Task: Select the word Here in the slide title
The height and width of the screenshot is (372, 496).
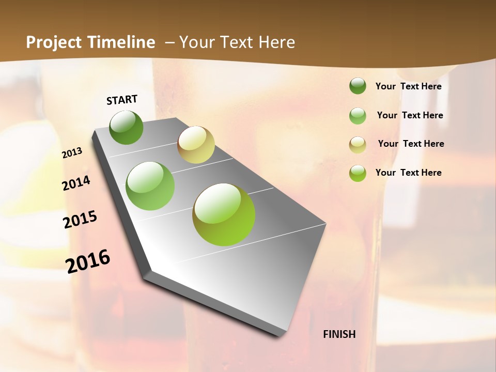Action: (x=276, y=42)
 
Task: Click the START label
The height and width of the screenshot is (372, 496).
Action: (x=122, y=100)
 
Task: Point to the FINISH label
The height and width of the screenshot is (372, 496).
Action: (x=339, y=334)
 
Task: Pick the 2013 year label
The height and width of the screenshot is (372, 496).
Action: (x=72, y=153)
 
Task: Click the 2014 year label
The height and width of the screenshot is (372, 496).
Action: (x=76, y=183)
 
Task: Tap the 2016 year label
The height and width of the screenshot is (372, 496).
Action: (x=88, y=261)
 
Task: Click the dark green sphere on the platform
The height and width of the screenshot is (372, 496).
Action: (x=126, y=127)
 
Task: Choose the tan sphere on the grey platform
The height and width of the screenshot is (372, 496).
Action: (x=196, y=145)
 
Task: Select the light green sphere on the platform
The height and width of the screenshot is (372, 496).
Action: (x=150, y=186)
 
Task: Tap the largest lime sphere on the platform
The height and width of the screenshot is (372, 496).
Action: (x=224, y=214)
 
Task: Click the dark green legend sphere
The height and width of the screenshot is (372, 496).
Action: (x=358, y=86)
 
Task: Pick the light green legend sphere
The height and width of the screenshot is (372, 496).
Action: (x=358, y=116)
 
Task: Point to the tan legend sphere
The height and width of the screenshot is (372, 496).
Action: (x=358, y=144)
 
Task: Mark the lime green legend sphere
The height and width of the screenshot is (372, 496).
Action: (x=358, y=173)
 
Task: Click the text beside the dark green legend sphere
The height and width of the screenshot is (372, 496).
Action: (x=408, y=86)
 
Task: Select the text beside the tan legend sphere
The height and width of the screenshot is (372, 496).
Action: (x=411, y=144)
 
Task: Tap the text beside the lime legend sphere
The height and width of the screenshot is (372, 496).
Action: (x=408, y=173)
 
